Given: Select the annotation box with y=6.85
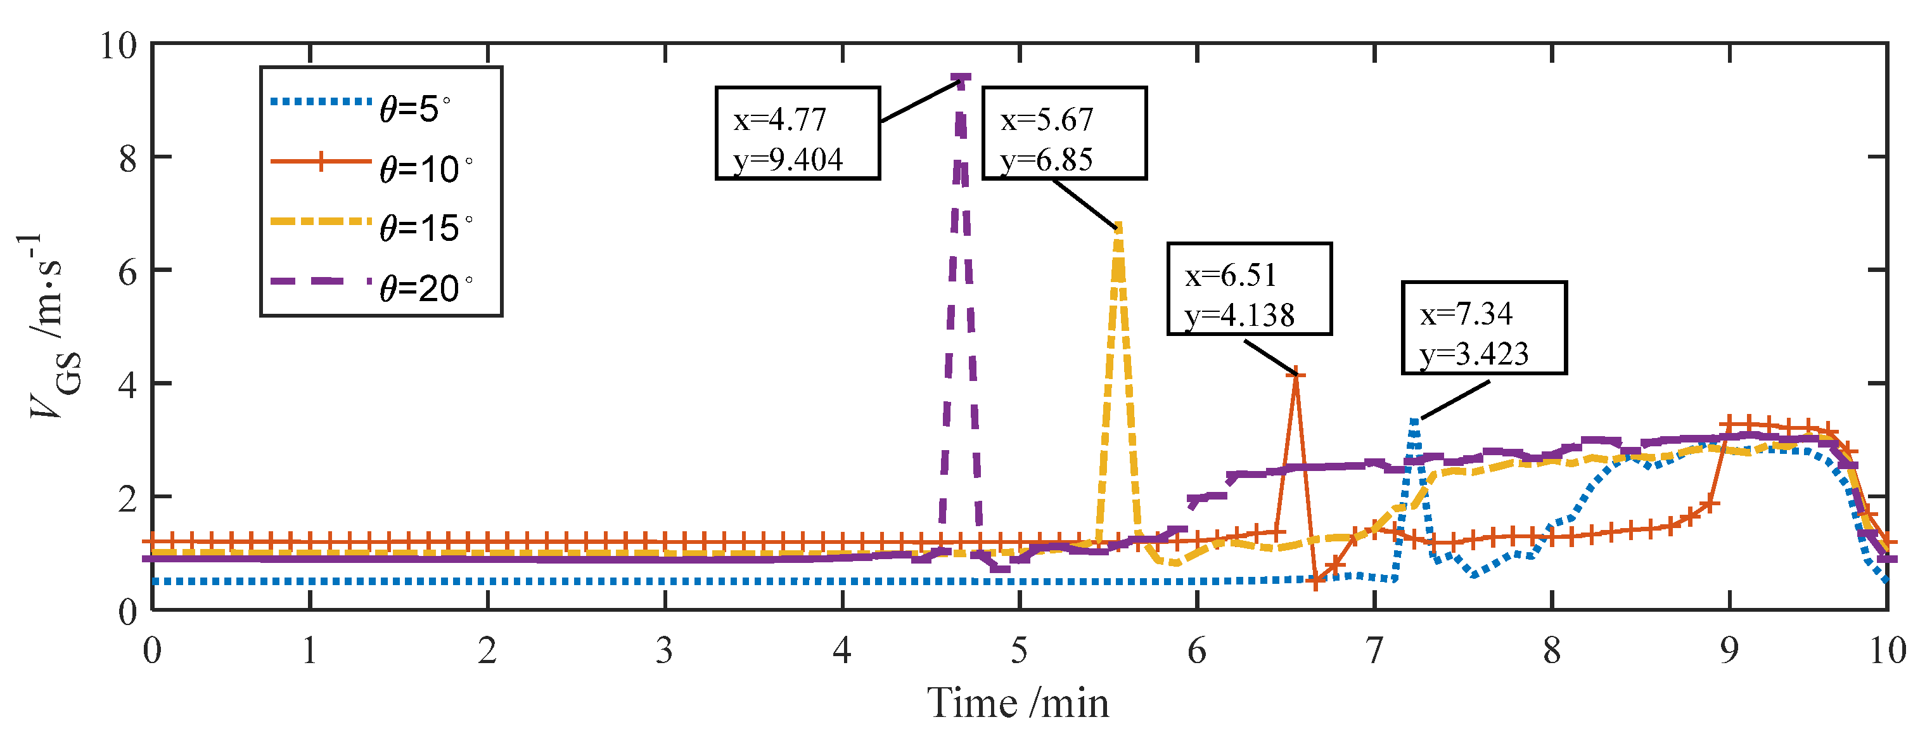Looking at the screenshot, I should pyautogui.click(x=1065, y=132).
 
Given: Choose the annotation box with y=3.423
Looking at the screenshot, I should pyautogui.click(x=1483, y=328).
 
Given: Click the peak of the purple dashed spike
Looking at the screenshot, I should pyautogui.click(x=961, y=78).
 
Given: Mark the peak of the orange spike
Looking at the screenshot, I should pyautogui.click(x=1296, y=375).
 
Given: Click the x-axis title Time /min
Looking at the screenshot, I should pyautogui.click(x=1018, y=703).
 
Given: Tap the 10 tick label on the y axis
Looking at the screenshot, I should pyautogui.click(x=118, y=46).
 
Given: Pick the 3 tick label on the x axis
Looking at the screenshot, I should pyautogui.click(x=665, y=650).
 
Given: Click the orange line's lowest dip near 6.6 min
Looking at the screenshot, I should pyautogui.click(x=1315, y=581).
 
